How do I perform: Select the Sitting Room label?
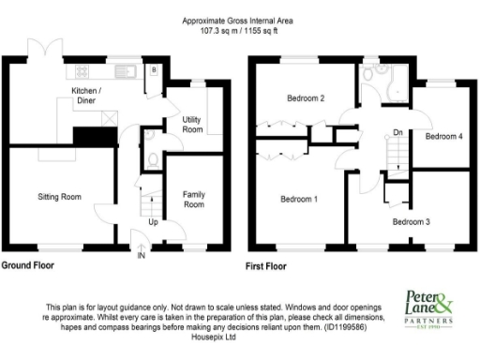59,198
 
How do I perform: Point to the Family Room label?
194,199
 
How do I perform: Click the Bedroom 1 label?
298,199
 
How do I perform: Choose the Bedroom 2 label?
305,98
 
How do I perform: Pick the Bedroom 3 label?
411,221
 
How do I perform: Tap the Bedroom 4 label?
443,137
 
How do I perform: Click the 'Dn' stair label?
397,132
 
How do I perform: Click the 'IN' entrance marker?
142,255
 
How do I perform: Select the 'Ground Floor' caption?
27,265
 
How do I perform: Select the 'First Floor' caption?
267,265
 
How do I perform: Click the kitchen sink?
124,71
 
